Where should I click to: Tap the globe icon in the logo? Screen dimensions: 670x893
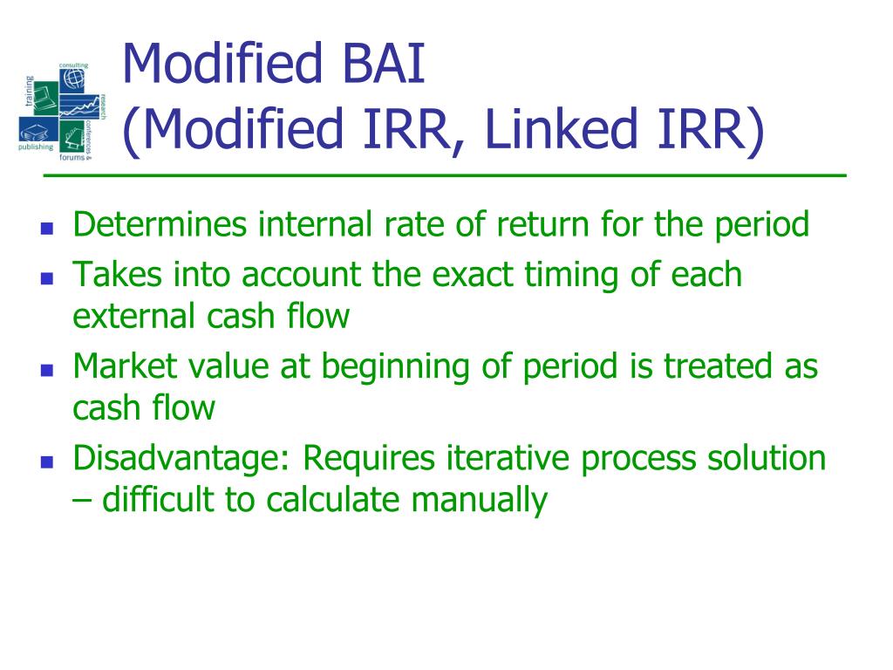pos(74,79)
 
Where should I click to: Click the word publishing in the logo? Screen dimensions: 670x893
pos(35,147)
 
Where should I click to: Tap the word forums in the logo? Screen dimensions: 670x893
pos(72,160)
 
